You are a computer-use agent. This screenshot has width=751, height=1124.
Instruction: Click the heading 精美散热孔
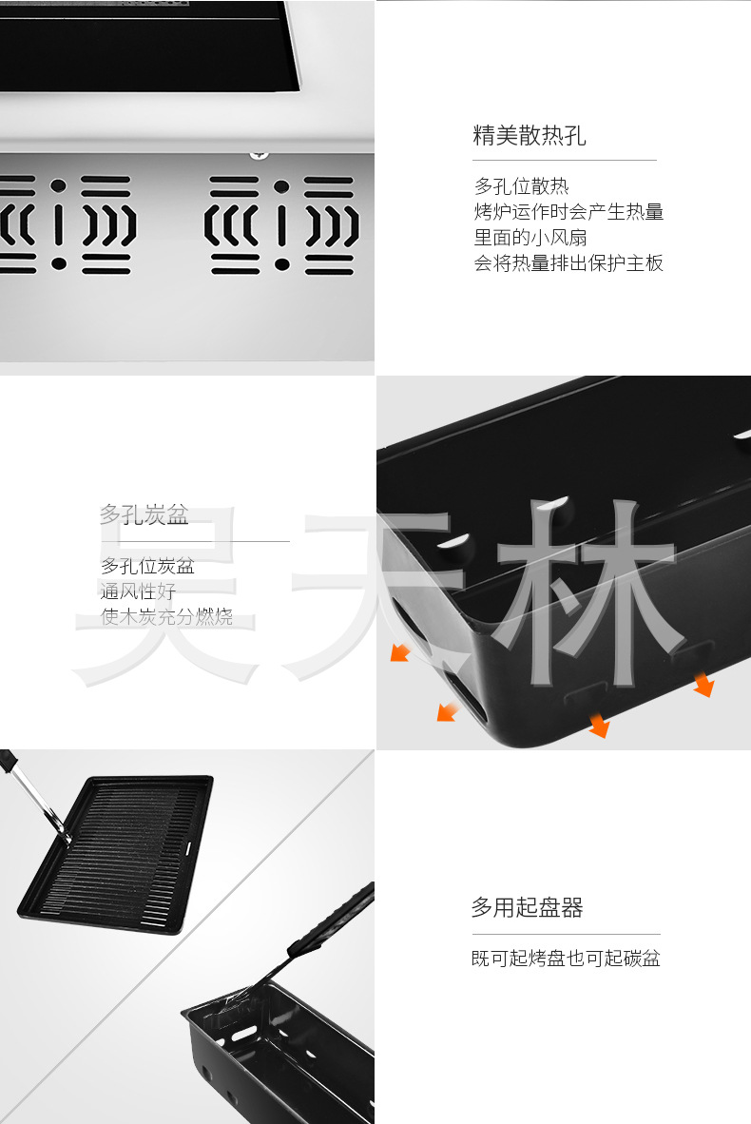click(530, 136)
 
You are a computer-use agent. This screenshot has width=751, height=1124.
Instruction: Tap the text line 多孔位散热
click(521, 186)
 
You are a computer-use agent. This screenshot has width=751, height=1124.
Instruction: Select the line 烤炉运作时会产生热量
click(568, 212)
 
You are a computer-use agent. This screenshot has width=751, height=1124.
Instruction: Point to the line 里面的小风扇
click(530, 238)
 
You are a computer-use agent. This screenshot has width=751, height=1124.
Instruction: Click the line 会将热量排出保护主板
click(568, 263)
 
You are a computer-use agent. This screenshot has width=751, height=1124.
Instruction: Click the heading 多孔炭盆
click(144, 516)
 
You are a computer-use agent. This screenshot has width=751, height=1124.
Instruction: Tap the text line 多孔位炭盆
click(147, 567)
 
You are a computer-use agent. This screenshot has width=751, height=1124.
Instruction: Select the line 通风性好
click(139, 591)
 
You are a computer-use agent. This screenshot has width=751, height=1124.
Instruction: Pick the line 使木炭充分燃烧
click(166, 617)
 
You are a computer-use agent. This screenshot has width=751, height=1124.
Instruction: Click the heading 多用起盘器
click(527, 908)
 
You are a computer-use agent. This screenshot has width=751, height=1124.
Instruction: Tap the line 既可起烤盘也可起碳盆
click(566, 959)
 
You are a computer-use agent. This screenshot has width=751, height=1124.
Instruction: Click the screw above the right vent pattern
click(259, 152)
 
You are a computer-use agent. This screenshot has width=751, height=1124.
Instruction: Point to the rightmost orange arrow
click(703, 684)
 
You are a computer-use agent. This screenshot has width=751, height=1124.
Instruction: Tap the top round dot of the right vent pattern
click(281, 186)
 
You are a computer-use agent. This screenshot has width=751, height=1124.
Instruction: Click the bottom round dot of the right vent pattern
click(281, 264)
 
